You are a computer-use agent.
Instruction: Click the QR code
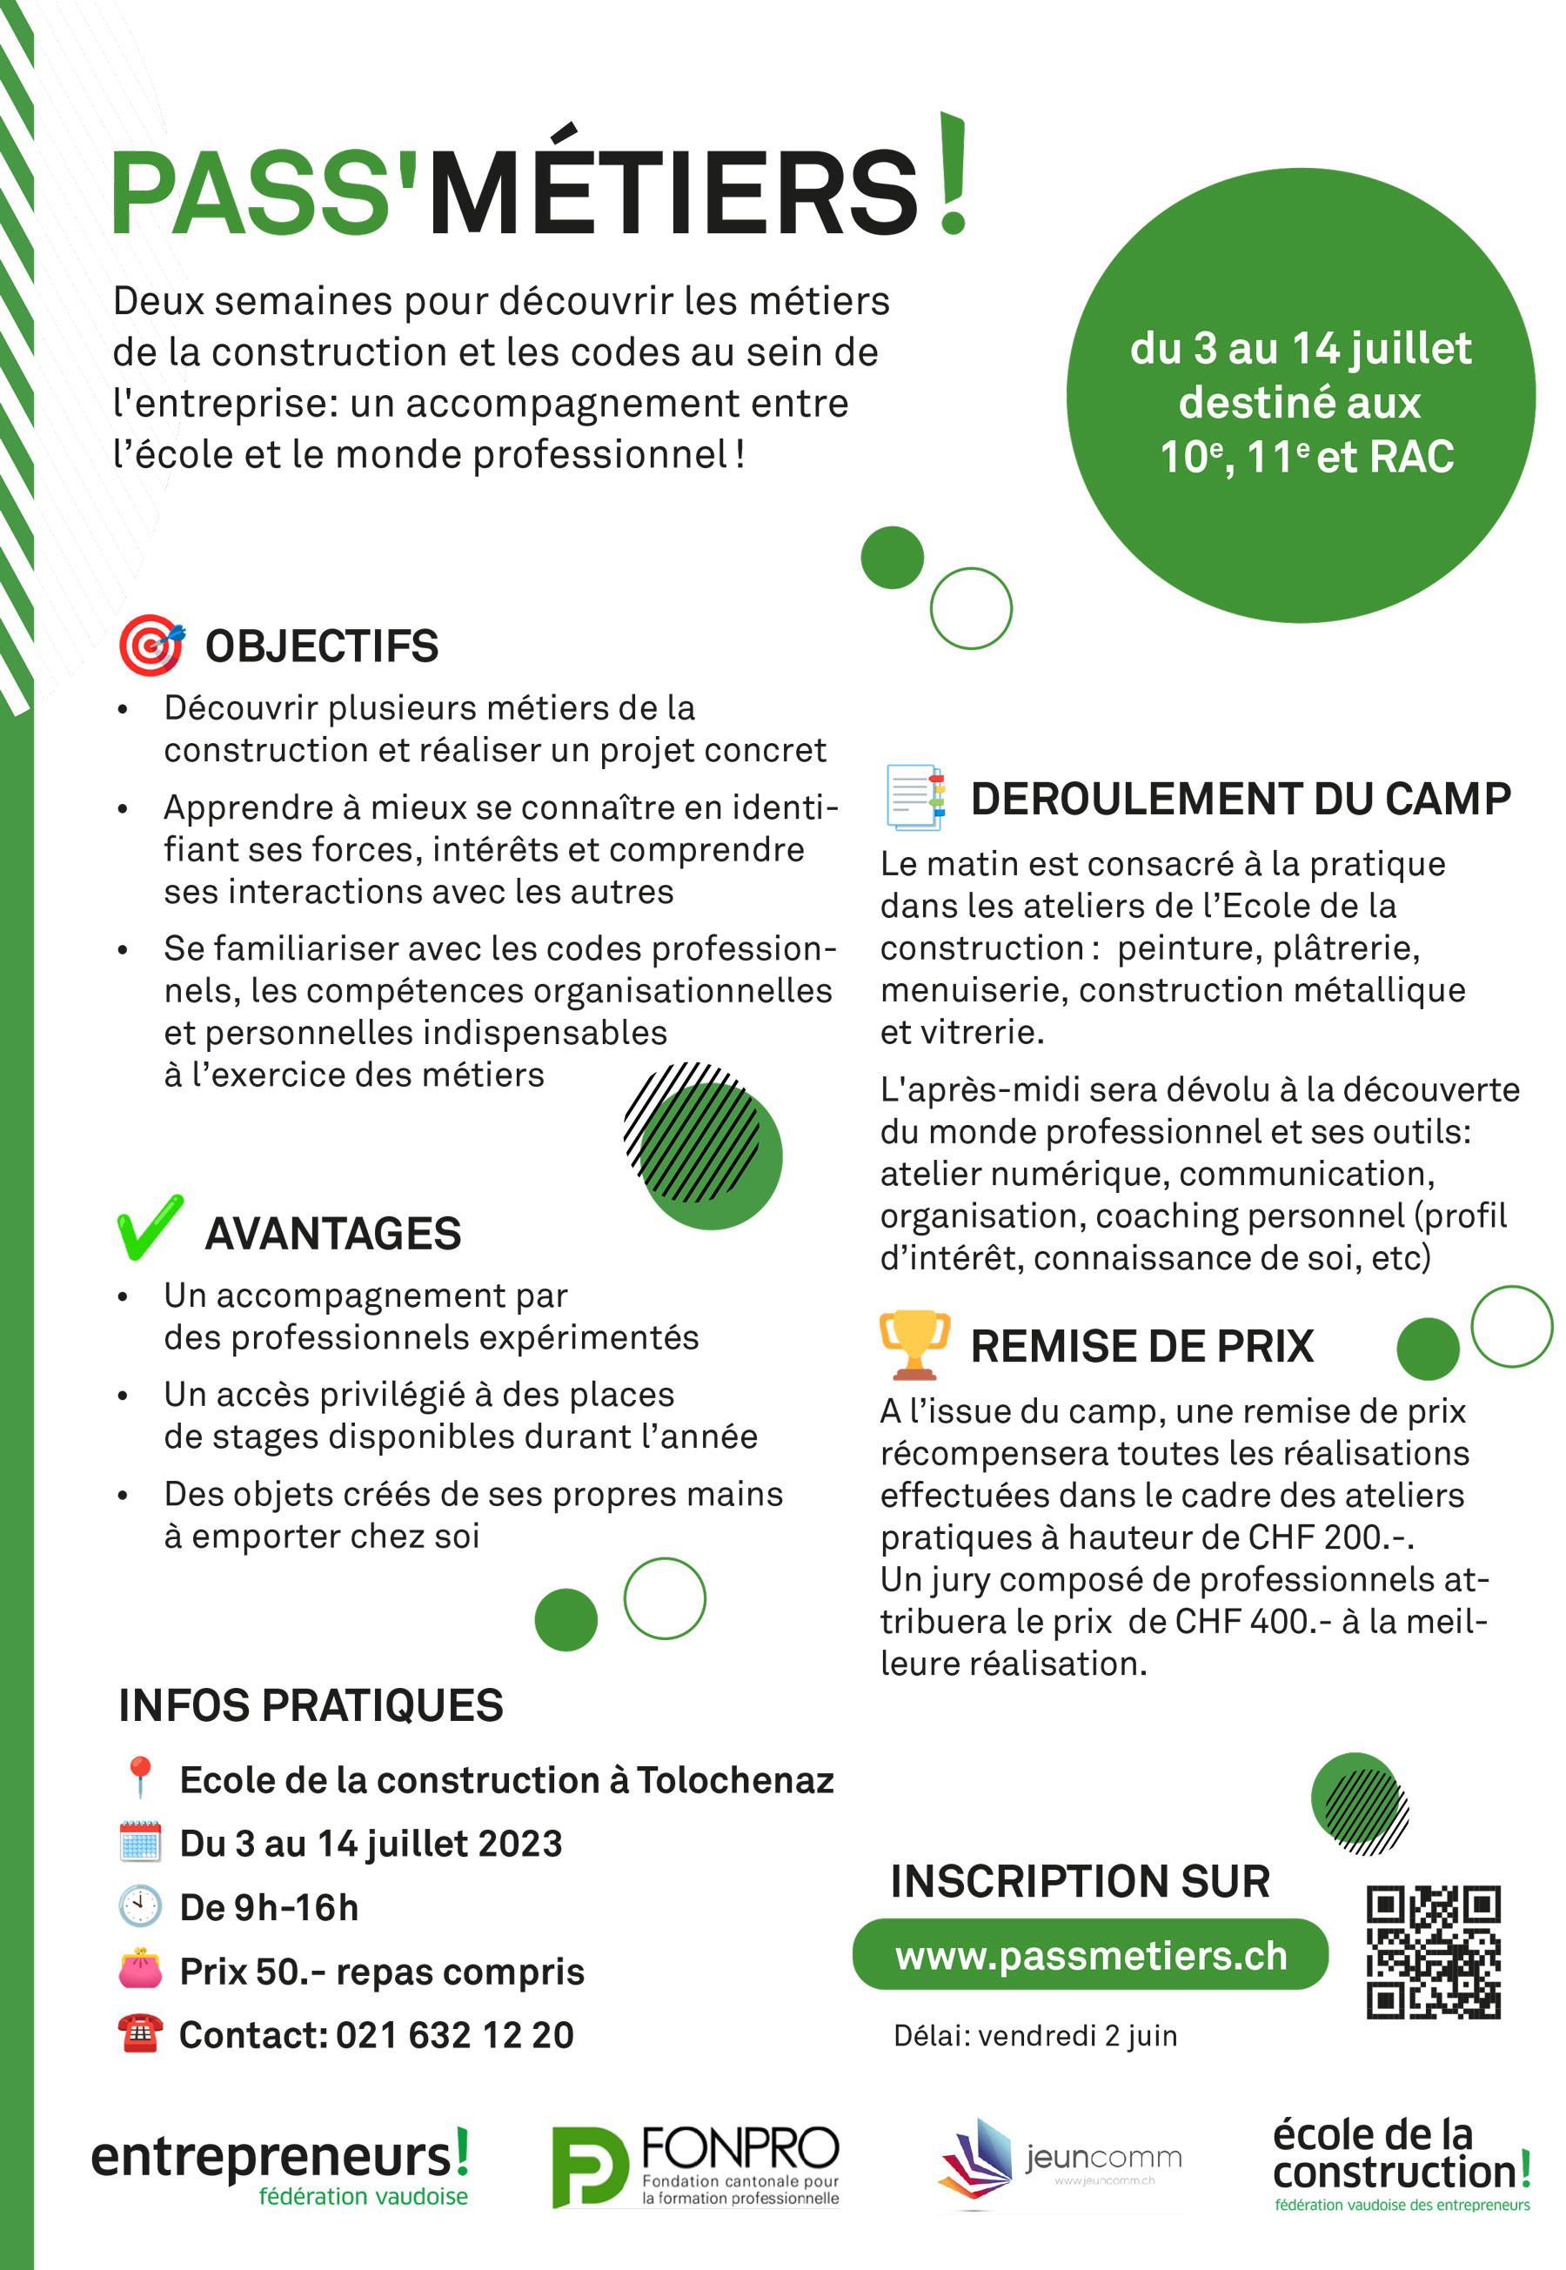1433,1952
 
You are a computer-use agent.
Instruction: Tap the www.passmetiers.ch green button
1090,1955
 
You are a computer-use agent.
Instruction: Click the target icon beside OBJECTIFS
151,646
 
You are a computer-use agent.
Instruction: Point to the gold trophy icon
914,1344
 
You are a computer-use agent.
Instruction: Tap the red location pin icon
139,1778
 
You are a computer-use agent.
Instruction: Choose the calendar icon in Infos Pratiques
139,1841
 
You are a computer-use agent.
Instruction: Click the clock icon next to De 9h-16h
139,1905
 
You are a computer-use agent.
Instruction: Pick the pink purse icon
139,1969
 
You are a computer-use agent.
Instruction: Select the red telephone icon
139,2032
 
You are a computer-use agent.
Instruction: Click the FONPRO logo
694,2166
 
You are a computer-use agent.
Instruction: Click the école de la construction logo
1402,2164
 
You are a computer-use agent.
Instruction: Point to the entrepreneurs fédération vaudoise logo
279,2166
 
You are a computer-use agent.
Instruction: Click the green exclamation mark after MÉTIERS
952,175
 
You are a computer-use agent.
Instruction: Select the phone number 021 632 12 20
454,2034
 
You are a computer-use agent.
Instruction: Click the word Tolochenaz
735,1779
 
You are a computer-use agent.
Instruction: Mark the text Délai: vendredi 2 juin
1035,2036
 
